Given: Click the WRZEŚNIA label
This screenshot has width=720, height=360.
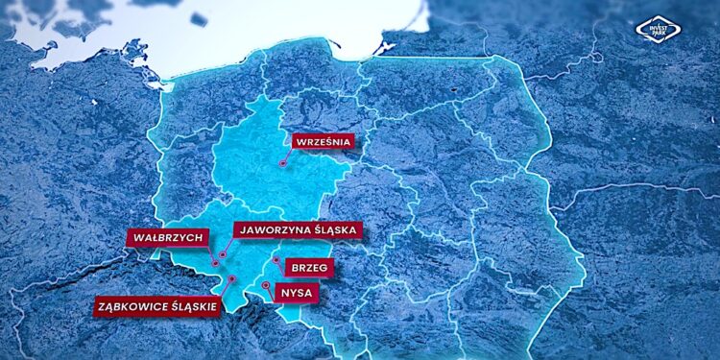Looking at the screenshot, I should (323, 142).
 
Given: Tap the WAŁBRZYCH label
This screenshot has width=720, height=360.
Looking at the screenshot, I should (165, 237).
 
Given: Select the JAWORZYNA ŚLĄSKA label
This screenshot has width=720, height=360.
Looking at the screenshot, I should (297, 229).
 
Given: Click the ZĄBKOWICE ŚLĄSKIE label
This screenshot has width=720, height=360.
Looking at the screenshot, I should (157, 307).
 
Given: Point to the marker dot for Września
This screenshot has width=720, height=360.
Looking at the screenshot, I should (282, 164).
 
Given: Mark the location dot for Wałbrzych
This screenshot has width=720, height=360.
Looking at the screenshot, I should (213, 257).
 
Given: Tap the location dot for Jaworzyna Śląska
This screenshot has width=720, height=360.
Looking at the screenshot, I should (223, 255).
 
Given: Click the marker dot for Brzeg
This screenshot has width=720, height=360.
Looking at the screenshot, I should (276, 260).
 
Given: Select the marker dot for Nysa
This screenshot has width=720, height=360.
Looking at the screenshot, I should (266, 285).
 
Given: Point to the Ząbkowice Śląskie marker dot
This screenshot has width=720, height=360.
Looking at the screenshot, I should (231, 278).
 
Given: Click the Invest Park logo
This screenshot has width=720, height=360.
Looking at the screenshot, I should (658, 32).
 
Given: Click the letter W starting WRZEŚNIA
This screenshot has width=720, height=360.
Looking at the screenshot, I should (301, 142).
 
